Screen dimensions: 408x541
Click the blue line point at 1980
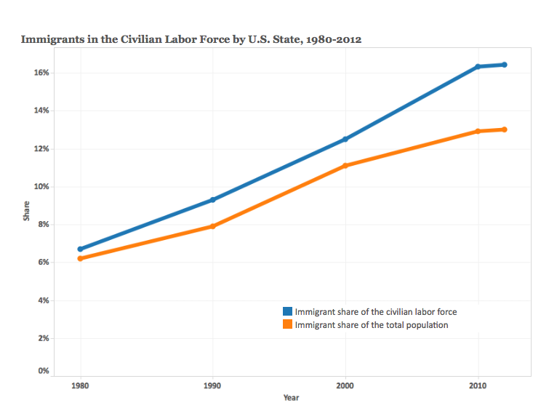point(80,249)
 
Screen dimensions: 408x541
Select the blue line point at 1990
point(213,199)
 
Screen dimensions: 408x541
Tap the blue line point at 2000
point(345,139)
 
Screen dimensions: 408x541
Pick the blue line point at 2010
point(478,66)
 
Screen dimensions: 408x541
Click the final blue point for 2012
point(505,65)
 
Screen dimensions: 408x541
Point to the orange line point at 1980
point(80,258)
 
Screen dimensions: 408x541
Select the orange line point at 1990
point(213,226)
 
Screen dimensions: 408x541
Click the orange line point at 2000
point(345,166)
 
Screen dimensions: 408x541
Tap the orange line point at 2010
point(478,132)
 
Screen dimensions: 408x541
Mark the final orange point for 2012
point(505,129)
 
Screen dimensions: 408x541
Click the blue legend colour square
point(288,312)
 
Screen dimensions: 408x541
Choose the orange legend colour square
point(288,325)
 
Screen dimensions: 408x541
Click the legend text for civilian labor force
point(375,312)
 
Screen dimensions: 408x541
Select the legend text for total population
point(371,325)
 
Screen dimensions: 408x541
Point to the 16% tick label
point(40,73)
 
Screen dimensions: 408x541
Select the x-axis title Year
point(292,398)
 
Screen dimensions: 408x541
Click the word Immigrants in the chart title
point(52,39)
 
